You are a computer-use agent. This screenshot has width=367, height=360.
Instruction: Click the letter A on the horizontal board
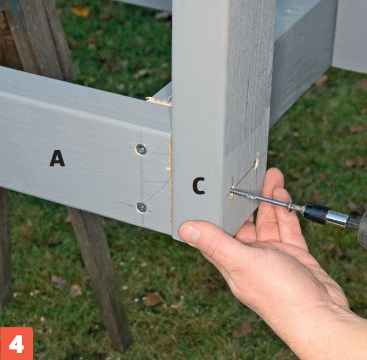(57, 158)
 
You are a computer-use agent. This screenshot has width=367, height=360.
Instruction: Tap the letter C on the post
(199, 186)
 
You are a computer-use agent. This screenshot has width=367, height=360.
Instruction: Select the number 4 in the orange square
(17, 344)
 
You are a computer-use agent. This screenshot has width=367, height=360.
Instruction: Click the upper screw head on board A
(141, 149)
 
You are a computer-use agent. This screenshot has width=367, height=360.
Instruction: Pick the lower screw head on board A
(142, 207)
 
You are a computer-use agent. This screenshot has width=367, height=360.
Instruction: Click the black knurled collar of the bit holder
(317, 214)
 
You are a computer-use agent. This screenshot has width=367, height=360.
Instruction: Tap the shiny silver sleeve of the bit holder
(336, 219)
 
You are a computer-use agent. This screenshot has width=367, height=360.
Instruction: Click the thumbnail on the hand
(190, 233)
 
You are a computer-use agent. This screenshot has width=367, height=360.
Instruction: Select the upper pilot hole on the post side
(256, 163)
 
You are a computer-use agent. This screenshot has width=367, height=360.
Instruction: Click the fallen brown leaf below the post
(152, 299)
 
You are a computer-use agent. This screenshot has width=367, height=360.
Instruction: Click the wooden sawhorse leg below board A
(101, 278)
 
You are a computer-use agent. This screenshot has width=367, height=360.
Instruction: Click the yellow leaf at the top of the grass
(80, 11)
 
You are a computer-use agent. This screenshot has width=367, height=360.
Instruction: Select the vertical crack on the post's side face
(248, 96)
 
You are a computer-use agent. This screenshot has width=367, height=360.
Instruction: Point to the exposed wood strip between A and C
(171, 185)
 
